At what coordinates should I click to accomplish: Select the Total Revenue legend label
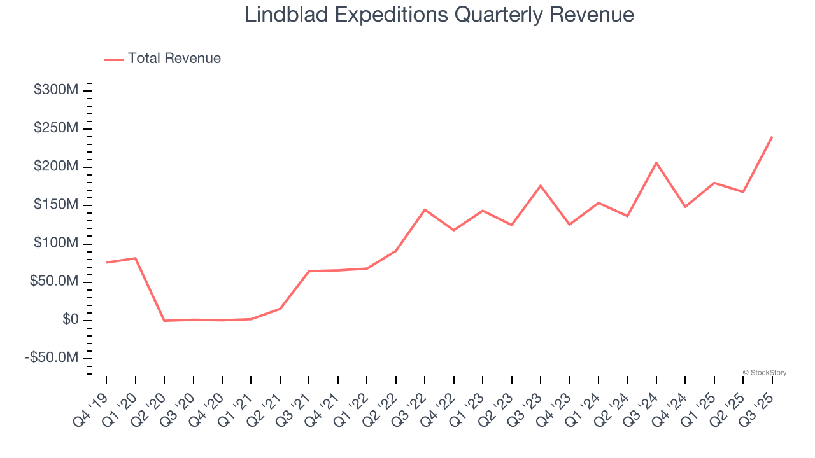pyautogui.click(x=174, y=59)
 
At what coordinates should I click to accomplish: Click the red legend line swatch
pyautogui.click(x=113, y=59)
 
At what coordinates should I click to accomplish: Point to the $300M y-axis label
pyautogui.click(x=56, y=90)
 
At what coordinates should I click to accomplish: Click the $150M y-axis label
pyautogui.click(x=56, y=205)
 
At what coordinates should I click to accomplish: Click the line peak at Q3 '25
pyautogui.click(x=772, y=137)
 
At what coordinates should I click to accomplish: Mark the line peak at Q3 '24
pyautogui.click(x=656, y=163)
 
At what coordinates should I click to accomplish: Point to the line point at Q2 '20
pyautogui.click(x=164, y=321)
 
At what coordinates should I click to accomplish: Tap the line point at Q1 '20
pyautogui.click(x=136, y=258)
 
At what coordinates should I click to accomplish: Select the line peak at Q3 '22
pyautogui.click(x=425, y=209)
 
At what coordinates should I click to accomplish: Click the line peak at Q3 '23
pyautogui.click(x=541, y=186)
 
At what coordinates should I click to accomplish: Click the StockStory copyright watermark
pyautogui.click(x=764, y=373)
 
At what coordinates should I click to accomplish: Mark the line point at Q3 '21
pyautogui.click(x=309, y=271)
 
